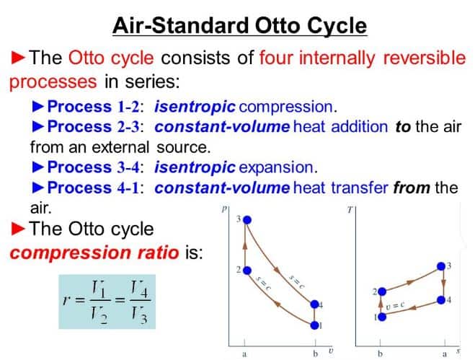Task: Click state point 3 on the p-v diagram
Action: coord(247,219)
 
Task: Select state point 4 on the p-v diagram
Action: coord(315,304)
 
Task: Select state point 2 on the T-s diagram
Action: coord(381,292)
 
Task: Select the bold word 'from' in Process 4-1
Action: coord(412,188)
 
